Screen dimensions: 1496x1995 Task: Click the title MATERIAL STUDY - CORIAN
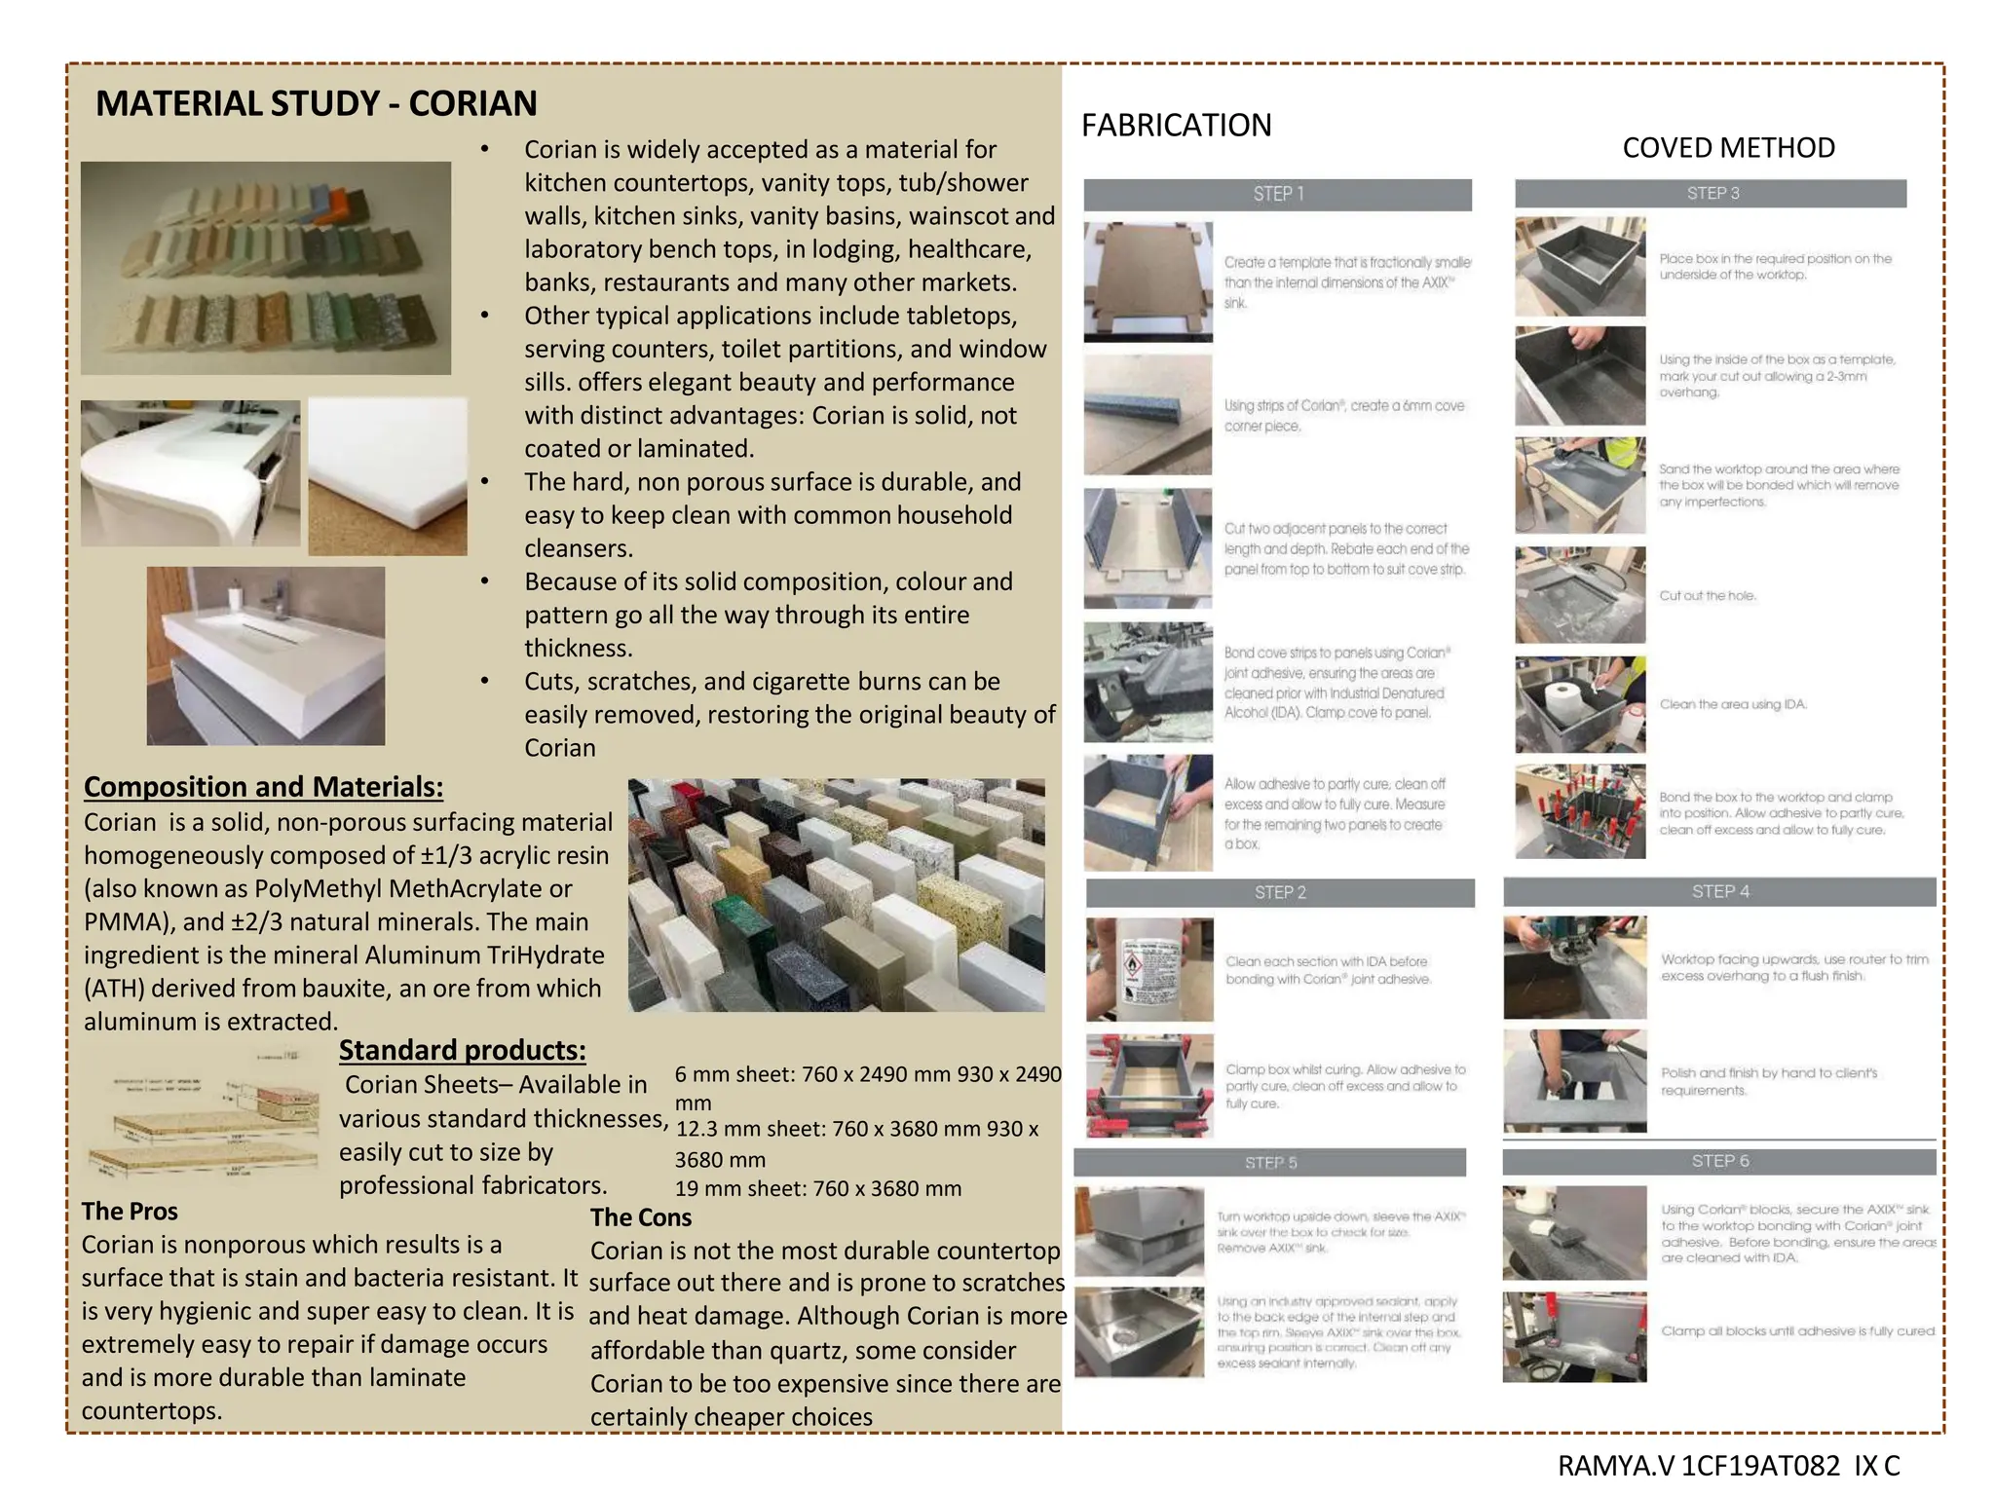[x=316, y=103]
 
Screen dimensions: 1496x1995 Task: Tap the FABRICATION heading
[x=1176, y=126]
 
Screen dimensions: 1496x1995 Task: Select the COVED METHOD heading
[x=1728, y=148]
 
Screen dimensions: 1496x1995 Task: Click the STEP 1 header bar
[x=1277, y=194]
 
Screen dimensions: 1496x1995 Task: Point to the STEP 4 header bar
[x=1719, y=891]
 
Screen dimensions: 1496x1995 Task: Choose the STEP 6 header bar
[x=1719, y=1161]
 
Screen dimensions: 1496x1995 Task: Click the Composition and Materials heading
[x=263, y=787]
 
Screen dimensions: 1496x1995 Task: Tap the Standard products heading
[x=462, y=1050]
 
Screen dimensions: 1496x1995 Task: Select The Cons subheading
[x=640, y=1217]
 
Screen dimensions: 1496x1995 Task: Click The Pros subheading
[x=130, y=1212]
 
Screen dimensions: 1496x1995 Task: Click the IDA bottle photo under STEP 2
[x=1149, y=969]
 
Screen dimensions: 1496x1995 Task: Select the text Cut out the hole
[x=1708, y=596]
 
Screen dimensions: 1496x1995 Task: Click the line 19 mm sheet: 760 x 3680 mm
[x=817, y=1188]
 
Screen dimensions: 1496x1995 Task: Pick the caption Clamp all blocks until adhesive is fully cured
[x=1797, y=1331]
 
